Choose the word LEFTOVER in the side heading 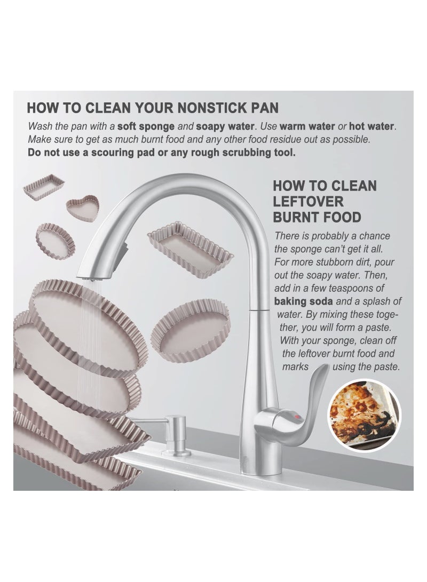tap(309, 202)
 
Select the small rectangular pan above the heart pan tap(44, 184)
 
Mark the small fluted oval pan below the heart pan tap(56, 240)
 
